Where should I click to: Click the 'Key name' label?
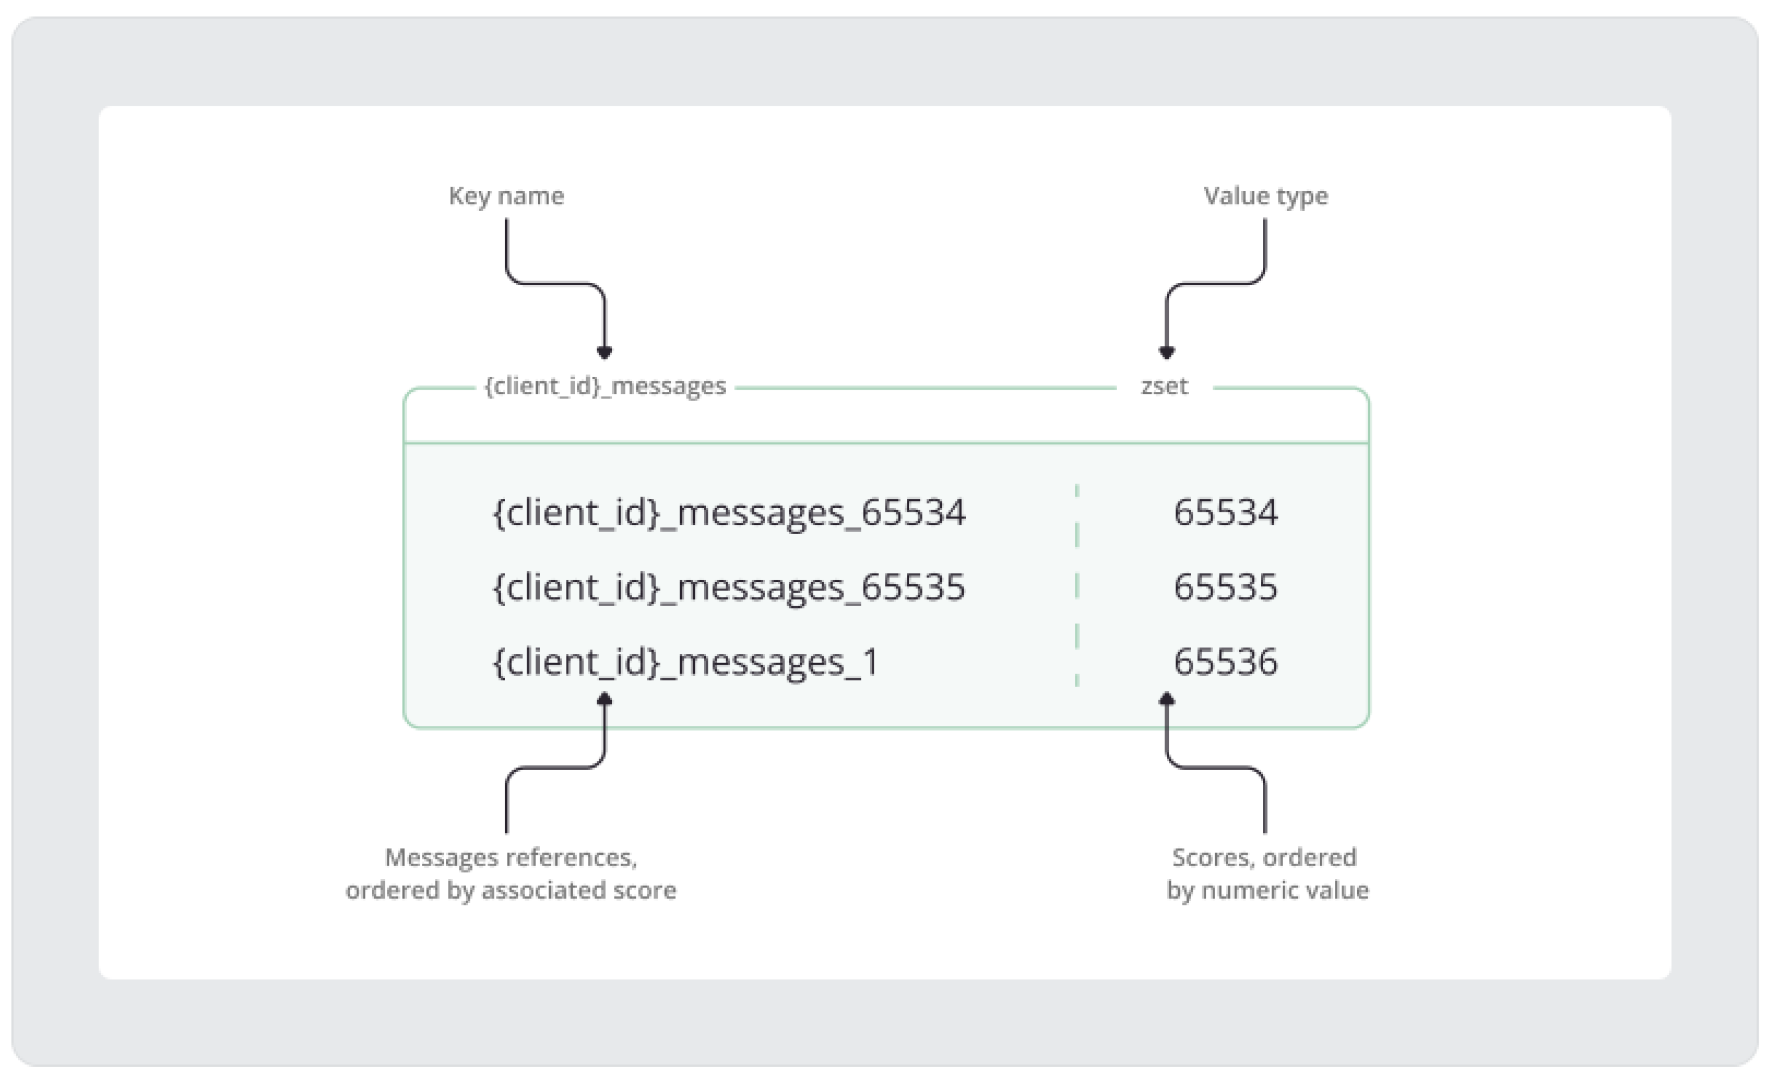(x=506, y=196)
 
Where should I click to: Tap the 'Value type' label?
(x=1265, y=196)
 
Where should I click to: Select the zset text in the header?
(x=1164, y=386)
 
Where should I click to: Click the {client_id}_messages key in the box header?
(x=605, y=386)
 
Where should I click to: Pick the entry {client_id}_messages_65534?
(x=729, y=513)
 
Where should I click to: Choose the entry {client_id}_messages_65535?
(x=729, y=587)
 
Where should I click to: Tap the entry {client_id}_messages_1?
(x=686, y=662)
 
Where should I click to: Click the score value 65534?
(x=1225, y=513)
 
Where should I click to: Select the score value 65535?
(x=1225, y=587)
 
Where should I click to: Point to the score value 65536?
(x=1225, y=662)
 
